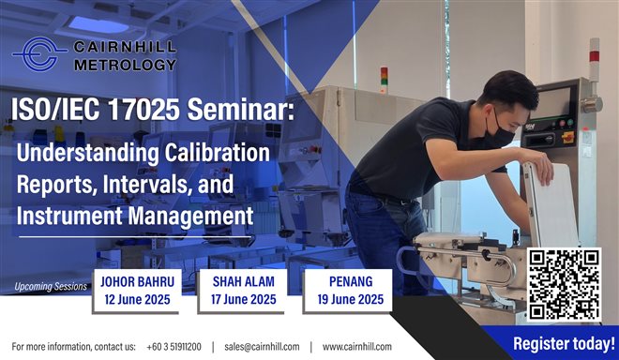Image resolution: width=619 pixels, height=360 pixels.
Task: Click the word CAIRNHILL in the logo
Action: pyautogui.click(x=125, y=46)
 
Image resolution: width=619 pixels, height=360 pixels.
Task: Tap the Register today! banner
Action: pyautogui.click(x=564, y=343)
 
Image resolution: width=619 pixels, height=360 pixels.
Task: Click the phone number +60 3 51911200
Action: pyautogui.click(x=174, y=346)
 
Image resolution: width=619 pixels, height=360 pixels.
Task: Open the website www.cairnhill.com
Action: pyautogui.click(x=357, y=346)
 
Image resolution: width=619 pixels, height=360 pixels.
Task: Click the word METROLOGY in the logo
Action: pyautogui.click(x=125, y=65)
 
